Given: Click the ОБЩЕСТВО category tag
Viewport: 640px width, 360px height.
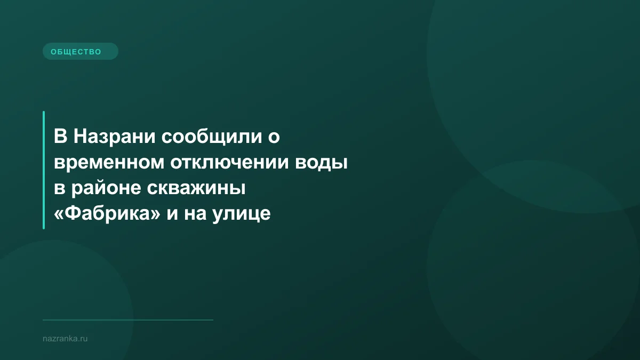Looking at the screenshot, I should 80,51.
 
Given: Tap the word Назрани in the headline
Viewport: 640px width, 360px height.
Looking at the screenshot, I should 113,137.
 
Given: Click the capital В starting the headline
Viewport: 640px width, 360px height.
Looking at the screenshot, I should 60,137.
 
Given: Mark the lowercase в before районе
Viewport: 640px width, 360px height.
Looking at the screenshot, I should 59,189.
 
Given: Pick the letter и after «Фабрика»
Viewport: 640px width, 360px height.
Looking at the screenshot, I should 174,214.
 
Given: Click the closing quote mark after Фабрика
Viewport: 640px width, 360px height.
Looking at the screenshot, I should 156,214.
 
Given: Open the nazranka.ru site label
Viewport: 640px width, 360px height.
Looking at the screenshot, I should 65,338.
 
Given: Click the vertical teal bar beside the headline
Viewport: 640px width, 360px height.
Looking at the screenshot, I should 44,170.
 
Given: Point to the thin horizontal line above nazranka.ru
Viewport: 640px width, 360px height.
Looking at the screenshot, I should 128,320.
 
